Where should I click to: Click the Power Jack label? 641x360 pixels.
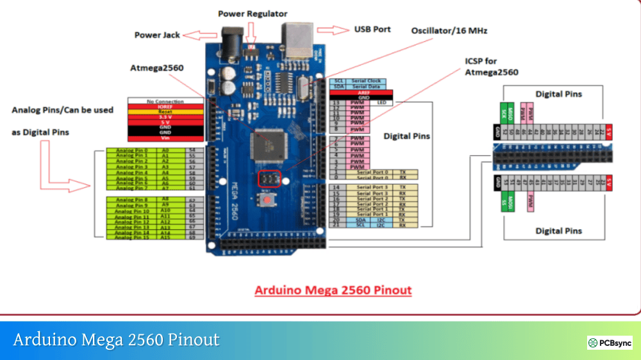click(x=157, y=35)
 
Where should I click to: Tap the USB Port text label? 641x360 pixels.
click(x=372, y=29)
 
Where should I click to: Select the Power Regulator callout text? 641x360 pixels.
click(x=253, y=13)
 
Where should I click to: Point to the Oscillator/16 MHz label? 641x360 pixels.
click(x=449, y=30)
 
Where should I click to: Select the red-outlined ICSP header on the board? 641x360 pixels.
click(x=269, y=179)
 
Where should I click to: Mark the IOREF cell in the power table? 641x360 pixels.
click(x=165, y=106)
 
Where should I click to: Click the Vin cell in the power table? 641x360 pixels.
click(x=165, y=138)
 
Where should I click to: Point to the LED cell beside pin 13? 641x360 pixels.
click(x=381, y=103)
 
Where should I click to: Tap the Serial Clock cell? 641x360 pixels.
click(x=366, y=81)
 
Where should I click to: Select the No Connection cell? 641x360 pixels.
click(x=165, y=101)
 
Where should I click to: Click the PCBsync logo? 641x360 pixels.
click(x=610, y=343)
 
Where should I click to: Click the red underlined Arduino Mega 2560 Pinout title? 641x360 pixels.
click(x=333, y=290)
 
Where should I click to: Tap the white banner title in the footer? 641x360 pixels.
click(x=116, y=340)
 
